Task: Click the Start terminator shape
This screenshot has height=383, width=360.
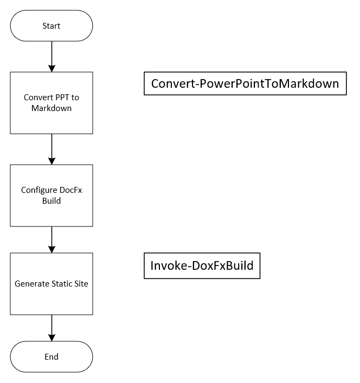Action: (52, 25)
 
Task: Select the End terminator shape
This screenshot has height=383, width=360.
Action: (52, 357)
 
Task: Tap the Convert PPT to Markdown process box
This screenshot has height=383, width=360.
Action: (52, 103)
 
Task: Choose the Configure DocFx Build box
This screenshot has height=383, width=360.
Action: (52, 196)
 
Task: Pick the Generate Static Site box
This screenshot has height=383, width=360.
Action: (52, 283)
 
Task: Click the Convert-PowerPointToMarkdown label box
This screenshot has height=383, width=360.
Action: (245, 83)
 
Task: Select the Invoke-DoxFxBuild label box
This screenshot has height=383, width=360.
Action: (202, 266)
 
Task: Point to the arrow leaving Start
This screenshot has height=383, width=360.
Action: (52, 56)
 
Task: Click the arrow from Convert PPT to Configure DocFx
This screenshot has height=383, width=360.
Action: (52, 149)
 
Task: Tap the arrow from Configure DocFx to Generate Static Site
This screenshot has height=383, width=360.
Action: (52, 239)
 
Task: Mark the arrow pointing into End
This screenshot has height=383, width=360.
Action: (52, 328)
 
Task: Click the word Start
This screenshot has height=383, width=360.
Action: (52, 25)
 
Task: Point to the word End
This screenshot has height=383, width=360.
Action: (52, 357)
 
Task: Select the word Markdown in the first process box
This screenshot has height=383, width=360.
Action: (52, 108)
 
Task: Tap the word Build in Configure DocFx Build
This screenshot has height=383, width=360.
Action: (52, 201)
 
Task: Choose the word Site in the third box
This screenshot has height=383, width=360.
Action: (81, 283)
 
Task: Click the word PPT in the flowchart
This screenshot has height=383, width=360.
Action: (62, 98)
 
